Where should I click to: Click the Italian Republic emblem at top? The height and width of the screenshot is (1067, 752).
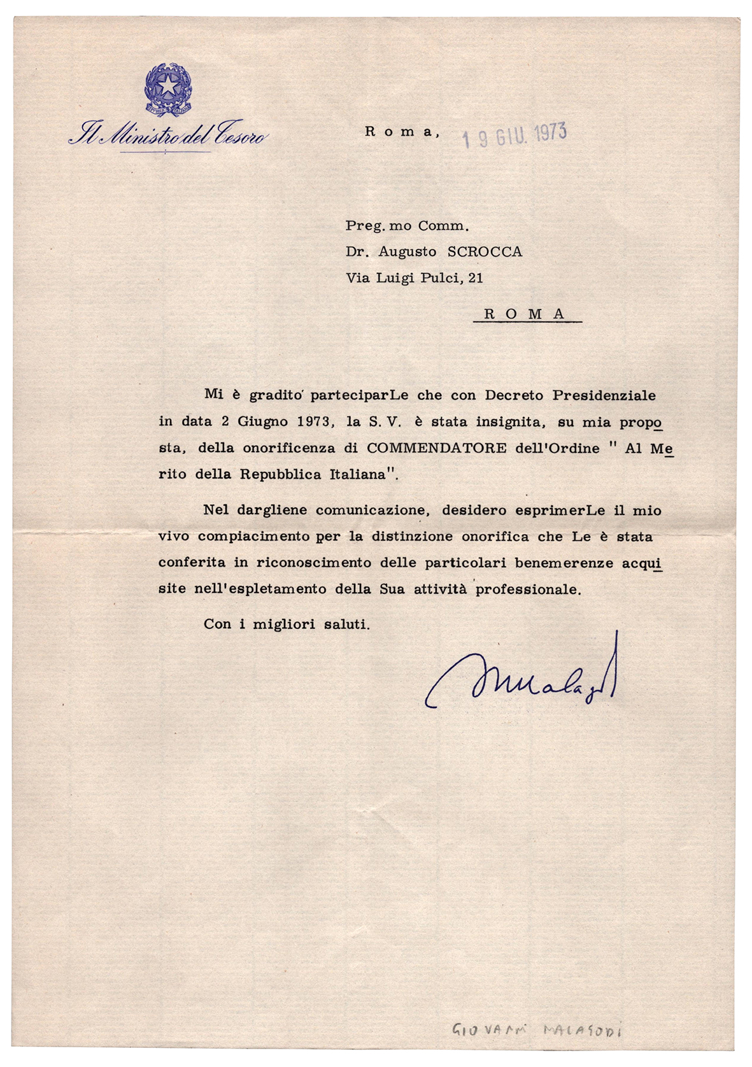tap(168, 90)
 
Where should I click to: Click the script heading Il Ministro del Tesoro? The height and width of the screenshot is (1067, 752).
tap(168, 134)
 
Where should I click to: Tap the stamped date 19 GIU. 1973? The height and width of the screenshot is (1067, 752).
tap(514, 134)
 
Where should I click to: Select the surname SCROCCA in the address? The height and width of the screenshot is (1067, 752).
tap(485, 251)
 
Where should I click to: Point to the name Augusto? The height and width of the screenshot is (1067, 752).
tap(408, 251)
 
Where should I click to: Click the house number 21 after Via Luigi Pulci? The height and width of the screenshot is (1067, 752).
tap(475, 278)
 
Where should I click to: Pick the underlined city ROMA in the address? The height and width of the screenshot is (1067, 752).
tap(525, 314)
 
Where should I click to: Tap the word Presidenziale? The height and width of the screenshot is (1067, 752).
tap(604, 395)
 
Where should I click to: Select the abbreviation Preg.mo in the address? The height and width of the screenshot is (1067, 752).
tap(377, 225)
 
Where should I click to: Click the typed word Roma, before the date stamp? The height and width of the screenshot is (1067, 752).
tap(402, 132)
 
